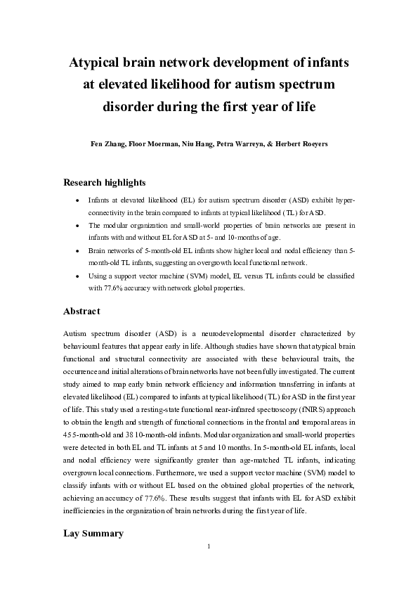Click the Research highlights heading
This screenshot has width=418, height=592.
click(105, 183)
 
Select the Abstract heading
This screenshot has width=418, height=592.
click(81, 310)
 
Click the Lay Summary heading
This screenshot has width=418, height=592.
click(93, 534)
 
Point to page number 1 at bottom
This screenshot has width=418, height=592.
click(209, 547)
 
